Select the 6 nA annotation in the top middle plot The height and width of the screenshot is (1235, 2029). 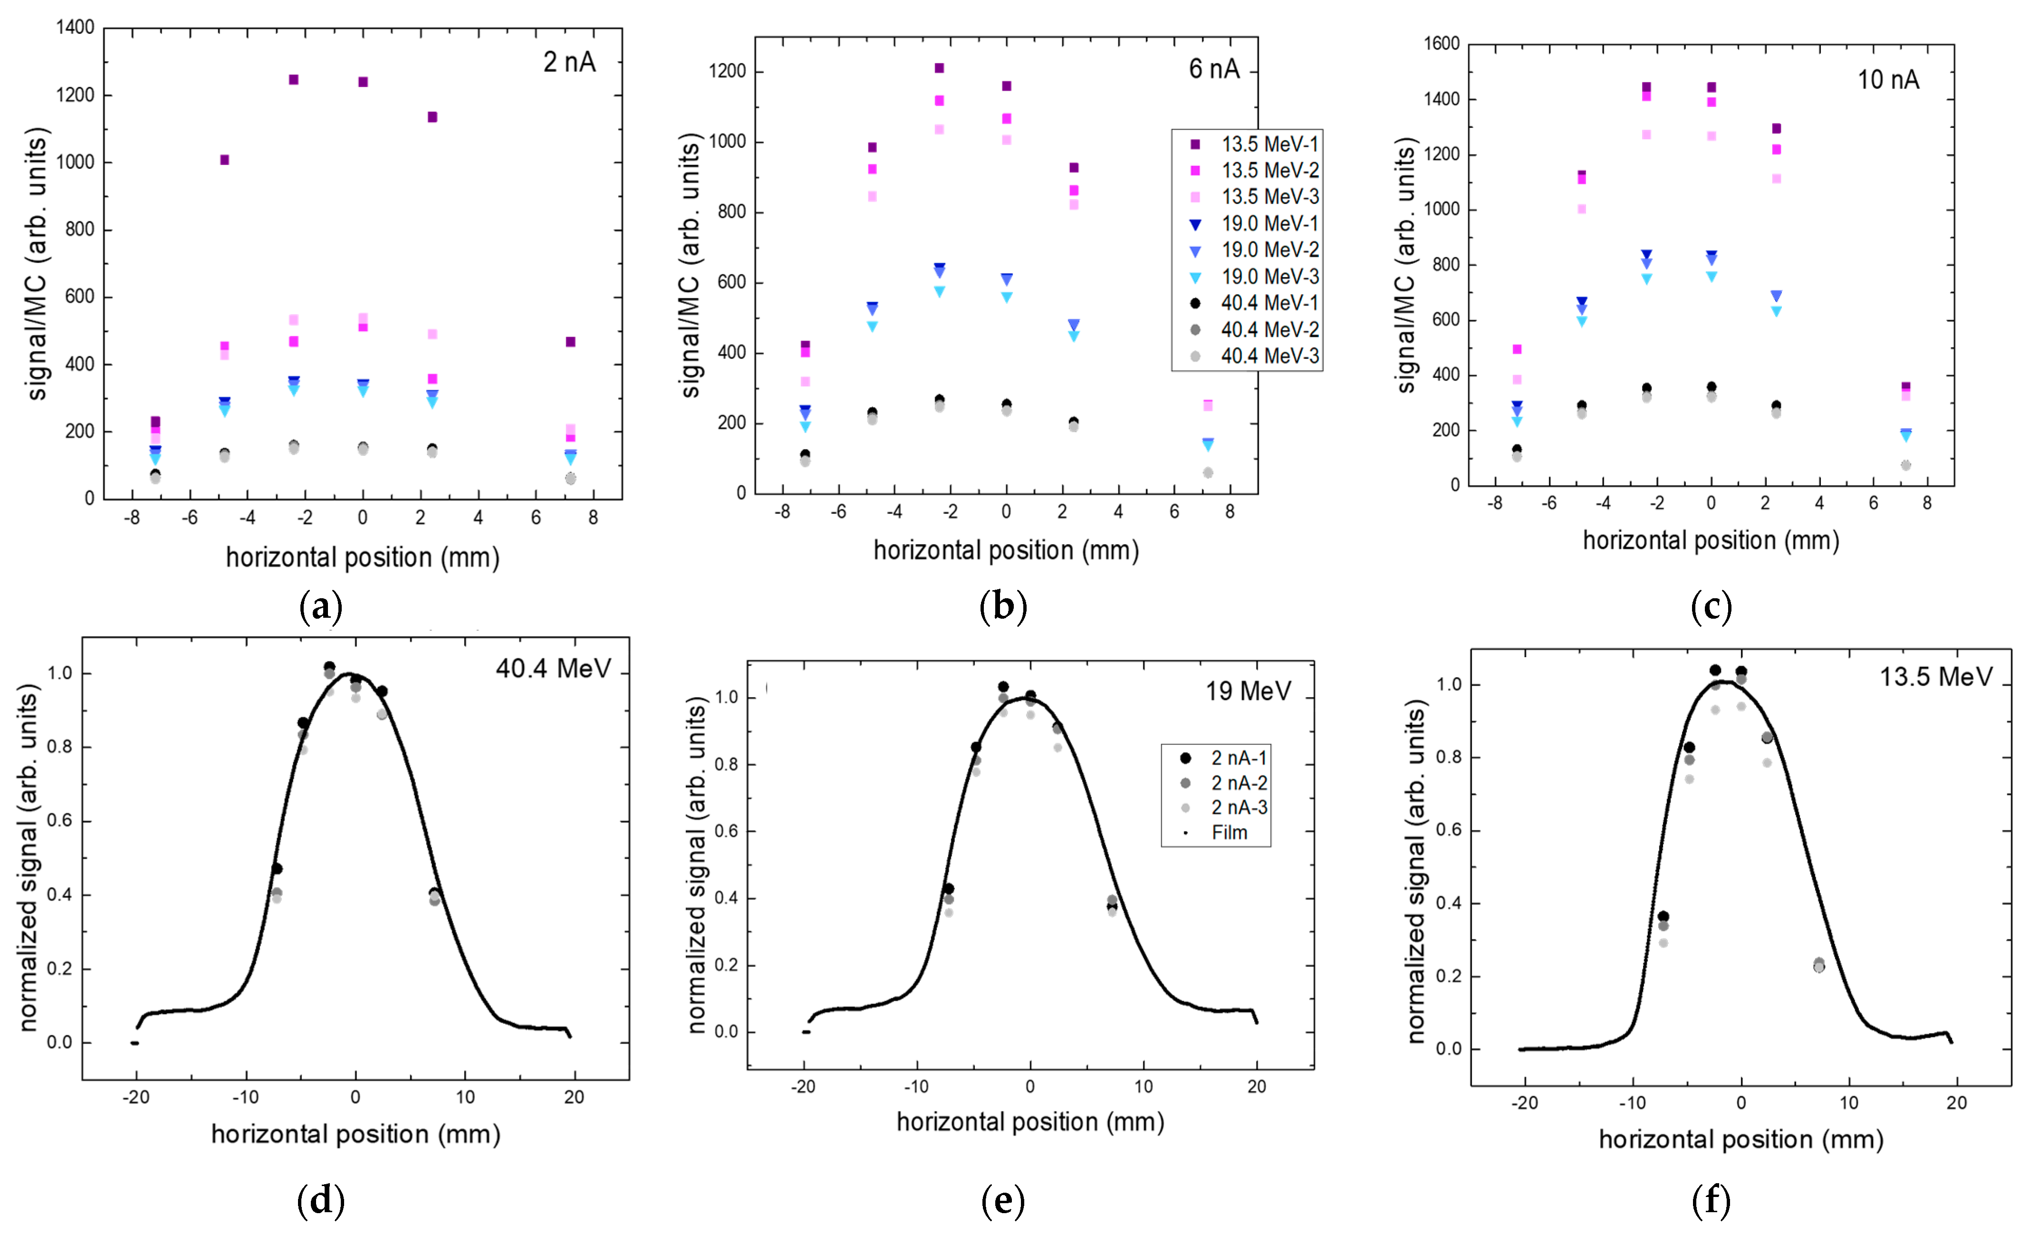(x=1214, y=69)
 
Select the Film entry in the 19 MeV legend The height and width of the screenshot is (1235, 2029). (x=1229, y=833)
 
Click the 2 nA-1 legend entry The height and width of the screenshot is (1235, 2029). (x=1238, y=757)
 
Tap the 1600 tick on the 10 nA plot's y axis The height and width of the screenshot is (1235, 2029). (x=1441, y=44)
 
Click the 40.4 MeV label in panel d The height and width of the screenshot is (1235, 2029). (x=553, y=669)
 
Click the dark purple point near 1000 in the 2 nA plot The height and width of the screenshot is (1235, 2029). (x=224, y=160)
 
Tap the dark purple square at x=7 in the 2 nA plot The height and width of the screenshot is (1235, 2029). (x=570, y=342)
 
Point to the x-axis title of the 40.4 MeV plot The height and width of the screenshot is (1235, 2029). (x=356, y=1135)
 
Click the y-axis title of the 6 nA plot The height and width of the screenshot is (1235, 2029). (x=690, y=268)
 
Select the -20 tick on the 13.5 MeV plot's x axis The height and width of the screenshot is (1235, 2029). (x=1524, y=1103)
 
